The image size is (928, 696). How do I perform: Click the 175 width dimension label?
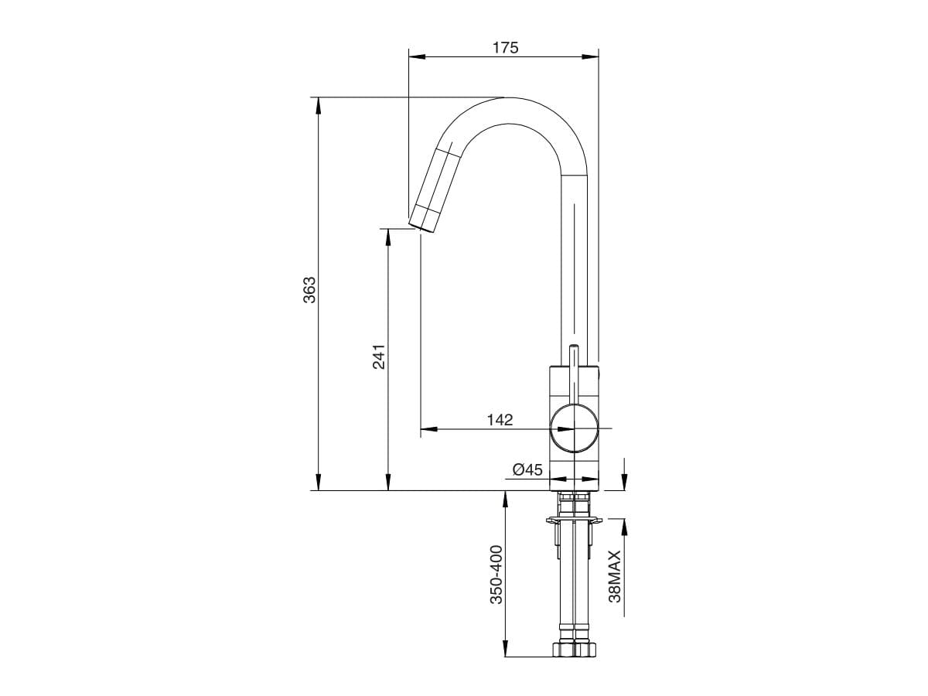coord(505,47)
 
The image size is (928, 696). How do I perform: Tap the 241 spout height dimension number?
coord(379,357)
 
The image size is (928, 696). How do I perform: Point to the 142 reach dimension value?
coord(500,420)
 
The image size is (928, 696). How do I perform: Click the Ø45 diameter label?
coord(527,469)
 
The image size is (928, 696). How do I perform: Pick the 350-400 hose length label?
coord(496,575)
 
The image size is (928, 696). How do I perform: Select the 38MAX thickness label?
coord(614,576)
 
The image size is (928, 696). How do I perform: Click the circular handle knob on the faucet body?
coord(573,428)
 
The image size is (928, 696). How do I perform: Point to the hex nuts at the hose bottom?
coord(573,649)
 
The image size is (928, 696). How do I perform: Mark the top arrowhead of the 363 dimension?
coord(317,104)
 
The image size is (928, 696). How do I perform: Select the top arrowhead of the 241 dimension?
coord(388,234)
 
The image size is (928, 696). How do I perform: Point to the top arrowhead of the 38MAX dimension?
coord(624,524)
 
